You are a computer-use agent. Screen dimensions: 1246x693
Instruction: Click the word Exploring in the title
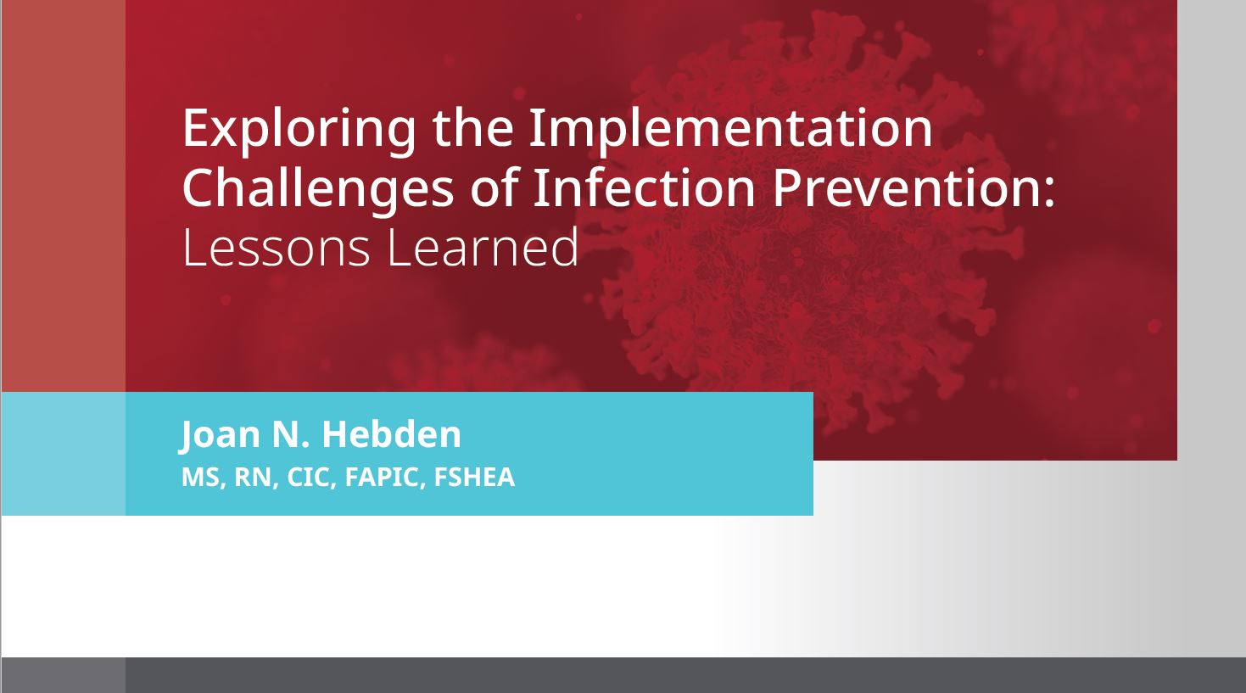coord(299,131)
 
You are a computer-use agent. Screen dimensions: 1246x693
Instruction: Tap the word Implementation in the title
coord(730,131)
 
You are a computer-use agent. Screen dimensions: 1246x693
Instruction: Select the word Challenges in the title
coord(317,191)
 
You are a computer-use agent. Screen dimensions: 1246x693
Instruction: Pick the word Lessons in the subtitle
coord(276,248)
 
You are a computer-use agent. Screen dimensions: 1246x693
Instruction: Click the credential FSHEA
coord(474,478)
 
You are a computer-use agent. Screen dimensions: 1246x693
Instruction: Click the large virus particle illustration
coord(807,222)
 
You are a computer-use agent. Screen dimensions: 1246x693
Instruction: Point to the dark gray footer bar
coord(623,675)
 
